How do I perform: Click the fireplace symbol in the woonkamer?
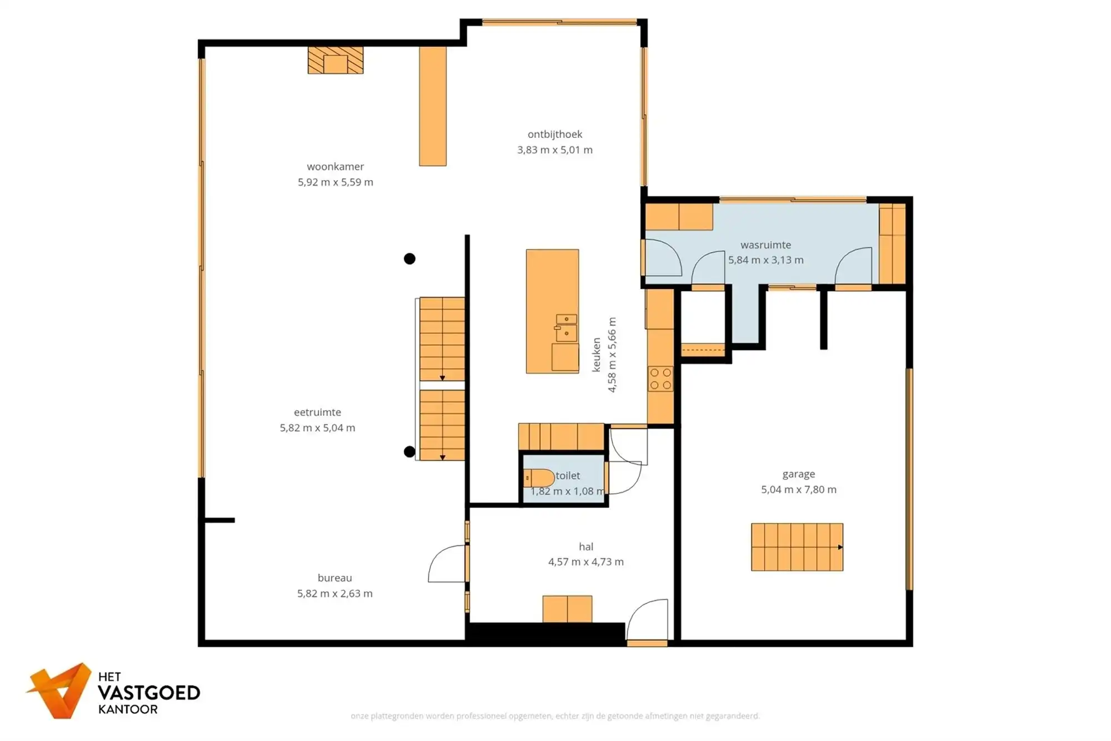point(336,60)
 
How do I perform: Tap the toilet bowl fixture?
point(539,478)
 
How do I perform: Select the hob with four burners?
point(660,379)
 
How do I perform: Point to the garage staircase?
point(797,547)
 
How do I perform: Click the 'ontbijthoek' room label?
point(555,134)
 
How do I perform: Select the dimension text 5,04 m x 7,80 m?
point(798,489)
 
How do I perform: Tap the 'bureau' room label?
point(334,578)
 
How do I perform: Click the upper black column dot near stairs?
point(409,258)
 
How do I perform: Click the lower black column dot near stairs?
point(409,451)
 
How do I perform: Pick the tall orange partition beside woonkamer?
point(433,106)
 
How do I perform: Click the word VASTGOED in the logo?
point(149,693)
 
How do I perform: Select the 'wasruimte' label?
point(765,245)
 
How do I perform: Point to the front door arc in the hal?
point(647,618)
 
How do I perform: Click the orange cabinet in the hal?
point(567,609)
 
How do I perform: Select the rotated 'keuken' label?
point(597,355)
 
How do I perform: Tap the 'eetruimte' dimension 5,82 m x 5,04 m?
point(317,427)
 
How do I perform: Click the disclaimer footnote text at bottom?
point(555,716)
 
